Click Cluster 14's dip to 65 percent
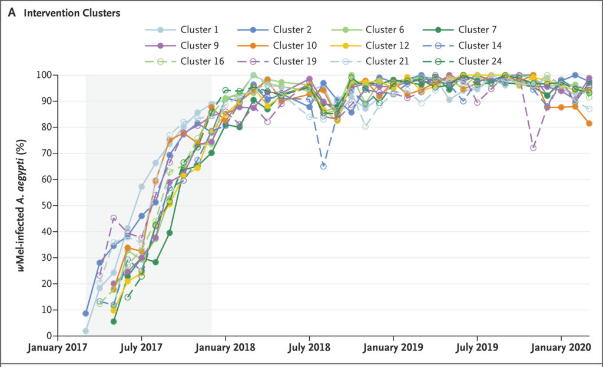click(323, 166)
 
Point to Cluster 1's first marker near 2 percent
click(86, 331)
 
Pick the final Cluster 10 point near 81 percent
click(589, 123)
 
